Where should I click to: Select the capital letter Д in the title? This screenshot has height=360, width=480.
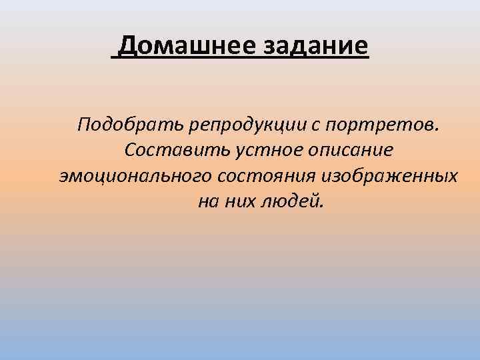coord(129,47)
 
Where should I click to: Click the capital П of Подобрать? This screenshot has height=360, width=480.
coord(85,124)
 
